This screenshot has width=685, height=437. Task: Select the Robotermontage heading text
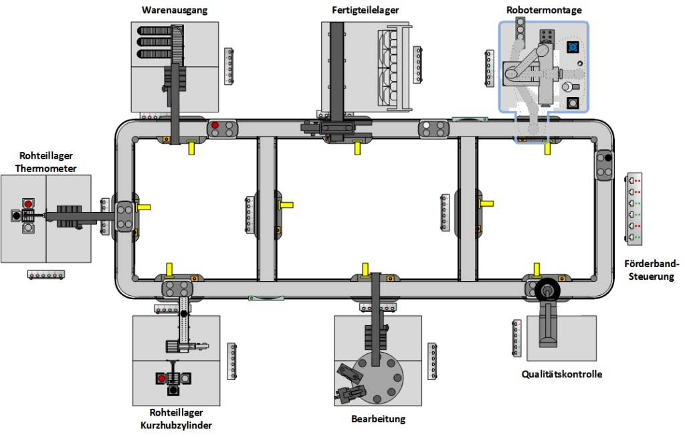click(x=543, y=10)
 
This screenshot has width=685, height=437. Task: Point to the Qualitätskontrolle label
click(x=562, y=374)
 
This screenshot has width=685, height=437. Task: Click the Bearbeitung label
click(x=378, y=420)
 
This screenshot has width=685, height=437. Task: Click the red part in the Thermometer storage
click(x=28, y=203)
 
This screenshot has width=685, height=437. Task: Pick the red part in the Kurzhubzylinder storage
click(x=161, y=378)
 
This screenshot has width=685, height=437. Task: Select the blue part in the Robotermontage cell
click(x=573, y=47)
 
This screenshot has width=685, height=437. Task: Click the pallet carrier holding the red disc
click(x=223, y=128)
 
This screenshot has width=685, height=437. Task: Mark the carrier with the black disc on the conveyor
click(x=605, y=165)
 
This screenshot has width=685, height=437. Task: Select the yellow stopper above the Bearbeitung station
click(x=365, y=270)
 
